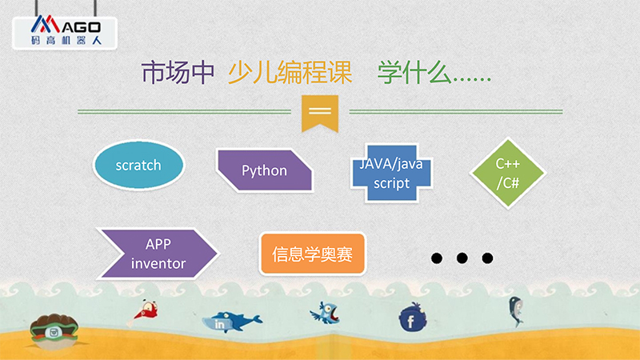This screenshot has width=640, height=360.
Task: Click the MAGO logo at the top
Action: coord(66,32)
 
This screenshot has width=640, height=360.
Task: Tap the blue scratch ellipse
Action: coord(138,166)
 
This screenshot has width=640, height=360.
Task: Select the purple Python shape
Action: coord(265,170)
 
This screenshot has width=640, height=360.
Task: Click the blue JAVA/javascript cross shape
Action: coord(391,173)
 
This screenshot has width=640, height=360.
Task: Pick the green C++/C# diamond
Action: coord(508,174)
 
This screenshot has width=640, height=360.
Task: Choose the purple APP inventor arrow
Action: coord(158,254)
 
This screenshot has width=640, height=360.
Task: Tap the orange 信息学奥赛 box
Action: coord(313,254)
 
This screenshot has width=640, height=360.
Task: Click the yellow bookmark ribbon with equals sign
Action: coord(320,114)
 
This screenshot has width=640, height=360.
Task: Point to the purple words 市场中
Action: coord(178,73)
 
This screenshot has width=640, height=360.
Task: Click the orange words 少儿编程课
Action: coord(290,73)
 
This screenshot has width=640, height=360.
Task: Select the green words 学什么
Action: coord(414,73)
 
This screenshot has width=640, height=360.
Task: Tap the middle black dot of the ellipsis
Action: coord(462,258)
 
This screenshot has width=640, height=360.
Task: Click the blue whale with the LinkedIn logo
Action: coord(231,322)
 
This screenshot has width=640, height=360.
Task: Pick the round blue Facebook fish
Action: coord(412,317)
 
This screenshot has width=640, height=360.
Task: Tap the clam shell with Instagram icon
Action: coord(54,330)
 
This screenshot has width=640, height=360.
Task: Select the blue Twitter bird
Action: coord(326,313)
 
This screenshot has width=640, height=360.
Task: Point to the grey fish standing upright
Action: coord(516,311)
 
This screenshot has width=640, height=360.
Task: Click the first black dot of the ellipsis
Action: coord(437,258)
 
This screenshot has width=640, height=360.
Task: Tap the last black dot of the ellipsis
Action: coord(487,258)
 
